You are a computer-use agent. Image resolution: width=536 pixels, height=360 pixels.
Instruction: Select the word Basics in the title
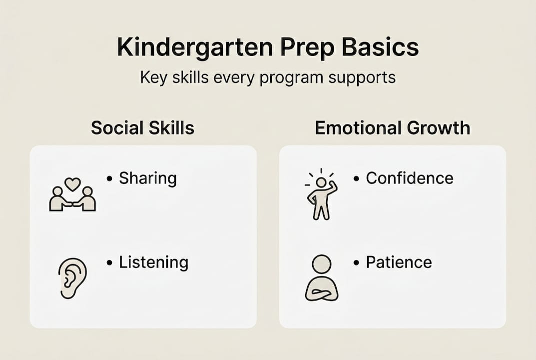click(x=381, y=47)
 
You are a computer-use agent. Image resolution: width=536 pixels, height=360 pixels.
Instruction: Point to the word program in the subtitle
click(x=291, y=78)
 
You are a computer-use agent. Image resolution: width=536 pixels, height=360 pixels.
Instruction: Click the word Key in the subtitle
click(x=154, y=78)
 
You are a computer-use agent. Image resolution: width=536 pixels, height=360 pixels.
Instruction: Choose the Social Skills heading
click(x=142, y=128)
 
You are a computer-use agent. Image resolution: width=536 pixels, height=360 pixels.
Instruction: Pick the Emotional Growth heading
click(x=393, y=128)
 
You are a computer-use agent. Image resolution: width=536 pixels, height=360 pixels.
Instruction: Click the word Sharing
click(x=148, y=178)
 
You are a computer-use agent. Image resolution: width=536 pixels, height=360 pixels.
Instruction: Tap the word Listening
click(x=153, y=263)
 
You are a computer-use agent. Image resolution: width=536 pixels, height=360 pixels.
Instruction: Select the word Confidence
click(x=410, y=178)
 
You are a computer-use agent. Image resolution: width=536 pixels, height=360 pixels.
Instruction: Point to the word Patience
click(x=399, y=262)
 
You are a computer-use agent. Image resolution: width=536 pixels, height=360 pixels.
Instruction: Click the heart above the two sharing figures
click(x=72, y=184)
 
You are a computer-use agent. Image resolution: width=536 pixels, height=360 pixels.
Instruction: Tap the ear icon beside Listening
click(x=72, y=278)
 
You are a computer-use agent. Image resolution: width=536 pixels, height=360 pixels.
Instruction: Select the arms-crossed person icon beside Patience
click(x=322, y=278)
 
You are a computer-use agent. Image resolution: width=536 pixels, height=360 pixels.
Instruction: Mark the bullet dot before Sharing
click(x=109, y=178)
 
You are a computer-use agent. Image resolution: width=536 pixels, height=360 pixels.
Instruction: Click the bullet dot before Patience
click(x=356, y=263)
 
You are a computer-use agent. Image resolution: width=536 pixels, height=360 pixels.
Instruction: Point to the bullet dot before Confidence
click(x=356, y=178)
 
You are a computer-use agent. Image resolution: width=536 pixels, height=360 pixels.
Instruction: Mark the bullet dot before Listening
click(x=109, y=263)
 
